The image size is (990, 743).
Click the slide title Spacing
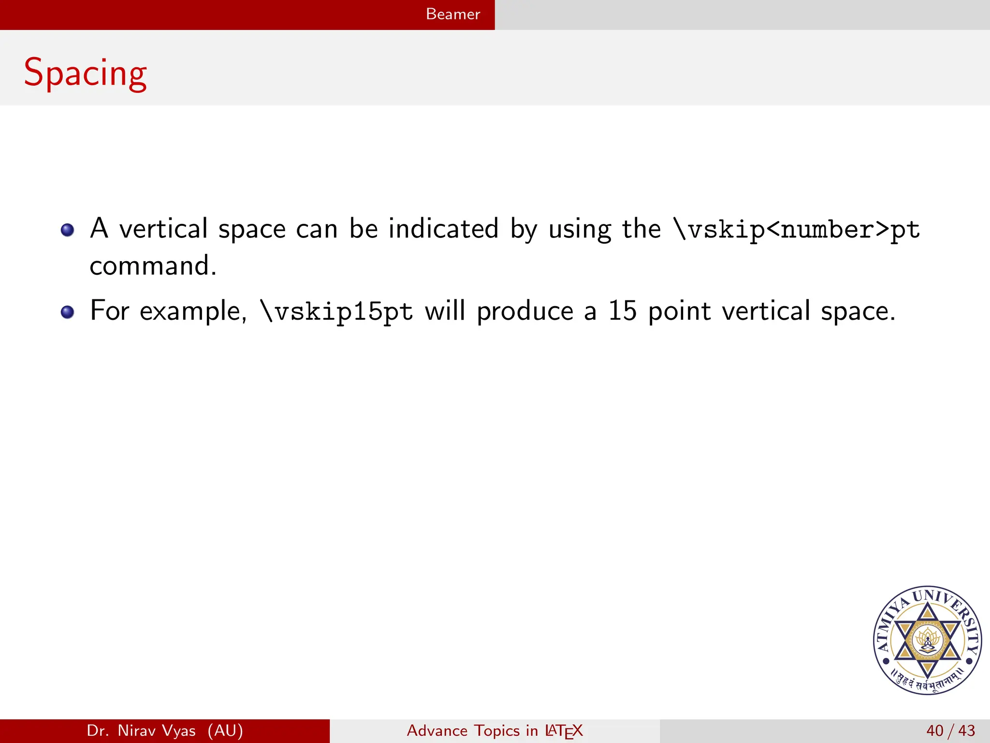click(85, 73)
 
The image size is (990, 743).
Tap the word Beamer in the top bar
click(453, 14)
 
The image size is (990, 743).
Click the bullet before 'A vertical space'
click(68, 230)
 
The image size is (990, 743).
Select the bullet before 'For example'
click(68, 312)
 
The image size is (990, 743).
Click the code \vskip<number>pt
click(797, 229)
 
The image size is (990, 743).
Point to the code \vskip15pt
click(337, 311)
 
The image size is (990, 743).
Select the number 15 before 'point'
click(622, 311)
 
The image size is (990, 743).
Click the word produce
click(525, 311)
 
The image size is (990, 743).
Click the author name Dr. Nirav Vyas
click(141, 730)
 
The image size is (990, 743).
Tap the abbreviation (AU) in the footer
click(225, 730)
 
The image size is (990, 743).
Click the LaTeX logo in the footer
click(564, 731)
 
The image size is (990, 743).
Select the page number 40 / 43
click(950, 730)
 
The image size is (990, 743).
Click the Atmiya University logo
click(927, 640)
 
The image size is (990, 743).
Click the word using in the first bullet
click(580, 229)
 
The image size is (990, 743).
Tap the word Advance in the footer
click(437, 730)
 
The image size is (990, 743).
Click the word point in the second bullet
click(679, 311)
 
